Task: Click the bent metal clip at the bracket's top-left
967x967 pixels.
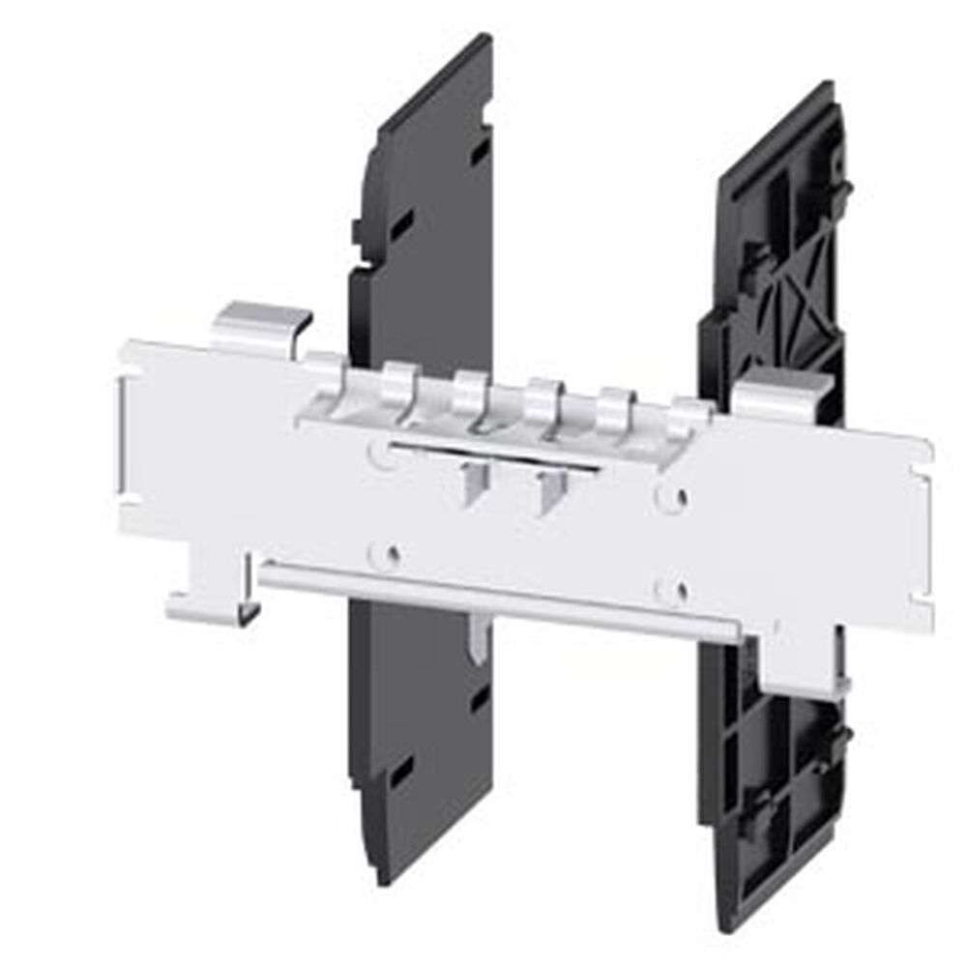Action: click(x=259, y=325)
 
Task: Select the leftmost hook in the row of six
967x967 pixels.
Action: click(x=328, y=373)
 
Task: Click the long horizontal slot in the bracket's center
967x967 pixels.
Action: click(x=493, y=455)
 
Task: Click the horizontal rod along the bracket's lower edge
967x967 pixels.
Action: click(x=498, y=600)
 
